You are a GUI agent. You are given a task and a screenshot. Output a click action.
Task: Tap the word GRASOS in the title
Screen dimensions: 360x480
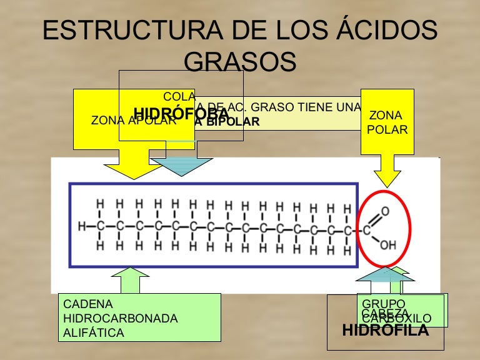[x=241, y=62]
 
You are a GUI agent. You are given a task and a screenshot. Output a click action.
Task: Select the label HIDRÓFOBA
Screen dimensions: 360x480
[x=181, y=114]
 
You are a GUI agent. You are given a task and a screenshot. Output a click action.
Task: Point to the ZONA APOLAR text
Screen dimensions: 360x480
[x=133, y=121]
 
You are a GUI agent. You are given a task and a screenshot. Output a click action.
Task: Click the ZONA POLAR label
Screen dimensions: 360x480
[x=387, y=122]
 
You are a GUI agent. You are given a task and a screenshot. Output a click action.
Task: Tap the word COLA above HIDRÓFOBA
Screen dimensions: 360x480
[x=179, y=96]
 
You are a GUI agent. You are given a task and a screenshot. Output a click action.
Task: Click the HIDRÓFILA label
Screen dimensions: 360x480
[x=386, y=330]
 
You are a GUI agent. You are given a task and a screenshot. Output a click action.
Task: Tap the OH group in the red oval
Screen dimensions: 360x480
[x=388, y=246]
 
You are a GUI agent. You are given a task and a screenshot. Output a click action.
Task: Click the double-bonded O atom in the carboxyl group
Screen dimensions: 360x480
[x=385, y=211]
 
